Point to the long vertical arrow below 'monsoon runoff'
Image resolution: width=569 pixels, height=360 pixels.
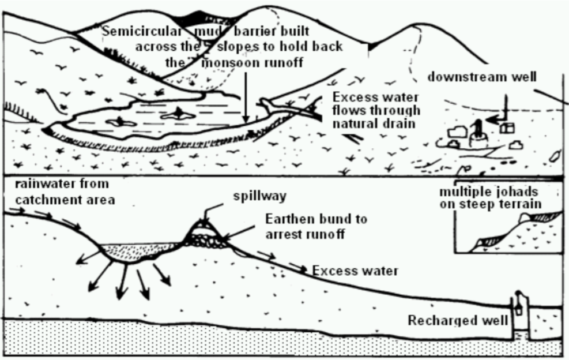245,95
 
